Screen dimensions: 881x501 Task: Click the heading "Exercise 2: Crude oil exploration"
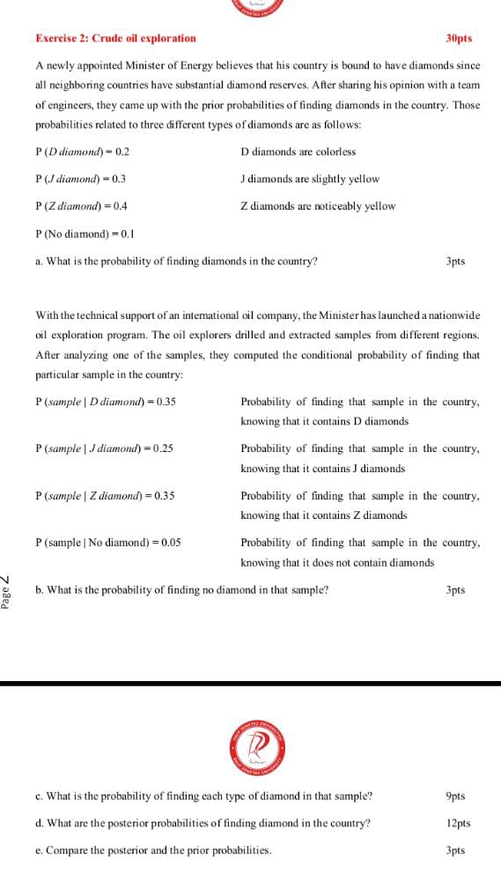(x=115, y=38)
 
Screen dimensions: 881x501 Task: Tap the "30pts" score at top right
(x=459, y=38)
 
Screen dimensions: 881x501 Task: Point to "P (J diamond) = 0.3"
(x=80, y=179)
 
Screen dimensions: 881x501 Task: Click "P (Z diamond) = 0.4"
(x=81, y=206)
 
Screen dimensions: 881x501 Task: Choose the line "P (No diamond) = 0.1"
(x=85, y=233)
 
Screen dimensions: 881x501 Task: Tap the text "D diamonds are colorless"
(x=298, y=152)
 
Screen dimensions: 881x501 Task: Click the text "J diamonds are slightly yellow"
(x=310, y=179)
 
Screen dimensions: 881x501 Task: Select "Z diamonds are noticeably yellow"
(x=318, y=206)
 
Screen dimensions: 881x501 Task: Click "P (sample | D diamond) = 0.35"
(x=106, y=402)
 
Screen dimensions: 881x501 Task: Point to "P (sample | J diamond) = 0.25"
(x=104, y=448)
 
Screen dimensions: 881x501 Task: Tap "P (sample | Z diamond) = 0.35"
(x=105, y=495)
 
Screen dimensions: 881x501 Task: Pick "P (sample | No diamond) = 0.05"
(x=107, y=543)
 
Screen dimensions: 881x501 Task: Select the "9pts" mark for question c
(x=455, y=796)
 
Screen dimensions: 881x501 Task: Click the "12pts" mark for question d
(x=458, y=824)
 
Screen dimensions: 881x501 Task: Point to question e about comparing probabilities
(x=153, y=851)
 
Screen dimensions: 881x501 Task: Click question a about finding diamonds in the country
(x=176, y=262)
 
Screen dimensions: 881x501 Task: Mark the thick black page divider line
(x=250, y=683)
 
